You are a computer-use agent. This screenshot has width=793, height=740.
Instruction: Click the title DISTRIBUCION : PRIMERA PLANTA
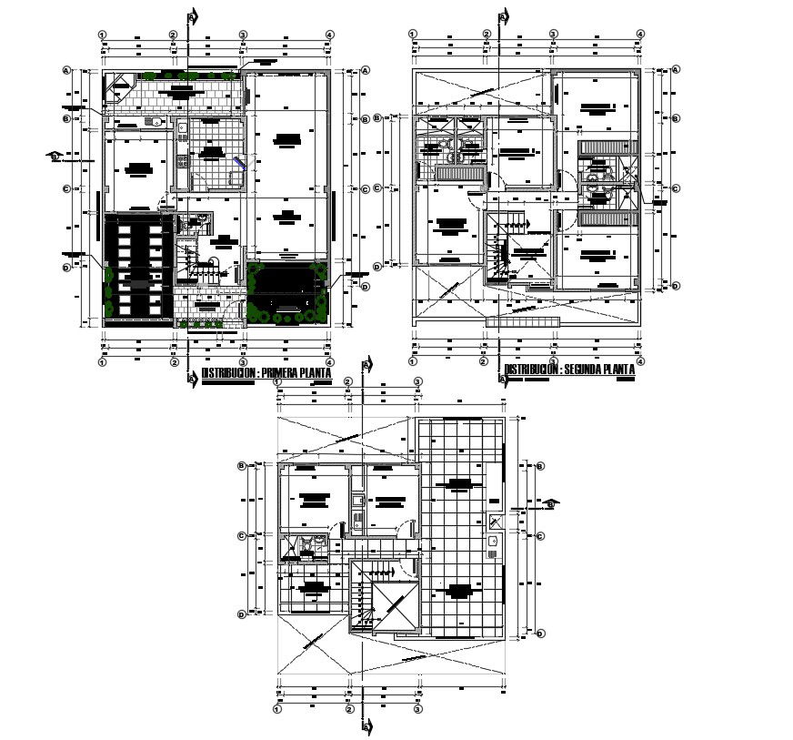click(266, 374)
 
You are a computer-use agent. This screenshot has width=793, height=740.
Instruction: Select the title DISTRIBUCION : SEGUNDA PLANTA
click(569, 370)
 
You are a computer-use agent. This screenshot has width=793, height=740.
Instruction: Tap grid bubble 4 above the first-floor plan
click(328, 35)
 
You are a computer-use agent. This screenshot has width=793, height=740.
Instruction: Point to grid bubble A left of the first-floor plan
click(66, 70)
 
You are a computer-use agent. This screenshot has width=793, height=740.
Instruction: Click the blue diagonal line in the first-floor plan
click(239, 163)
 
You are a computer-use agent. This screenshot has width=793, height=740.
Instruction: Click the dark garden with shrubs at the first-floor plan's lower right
click(287, 292)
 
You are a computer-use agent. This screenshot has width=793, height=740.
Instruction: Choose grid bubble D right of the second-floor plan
click(676, 285)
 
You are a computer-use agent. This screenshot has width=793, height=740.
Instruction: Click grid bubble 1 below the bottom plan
click(277, 708)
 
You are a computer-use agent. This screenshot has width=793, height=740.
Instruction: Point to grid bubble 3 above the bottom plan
click(417, 381)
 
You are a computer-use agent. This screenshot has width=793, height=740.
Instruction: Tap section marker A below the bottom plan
click(367, 726)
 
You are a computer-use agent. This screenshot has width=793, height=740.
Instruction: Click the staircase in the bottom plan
click(367, 595)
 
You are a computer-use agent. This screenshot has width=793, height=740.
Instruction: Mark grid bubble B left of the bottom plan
click(241, 466)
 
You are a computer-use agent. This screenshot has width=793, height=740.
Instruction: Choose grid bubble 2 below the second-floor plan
click(487, 360)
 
